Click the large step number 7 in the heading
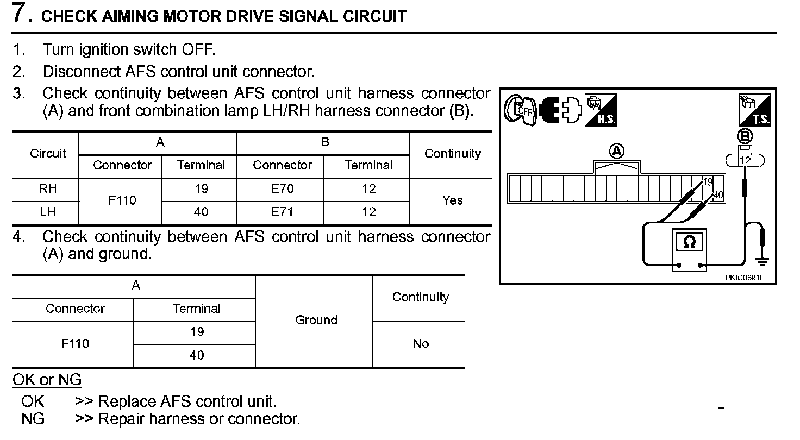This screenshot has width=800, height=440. click(x=21, y=13)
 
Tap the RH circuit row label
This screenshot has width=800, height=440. click(x=48, y=188)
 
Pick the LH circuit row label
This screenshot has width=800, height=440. click(x=48, y=212)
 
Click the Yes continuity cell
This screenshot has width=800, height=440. click(x=452, y=200)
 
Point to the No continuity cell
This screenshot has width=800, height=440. click(x=421, y=343)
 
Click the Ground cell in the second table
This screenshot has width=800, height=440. click(x=316, y=320)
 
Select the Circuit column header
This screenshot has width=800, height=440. click(x=48, y=154)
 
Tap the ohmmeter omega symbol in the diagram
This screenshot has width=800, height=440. click(x=689, y=242)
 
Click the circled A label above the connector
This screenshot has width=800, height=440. click(x=617, y=151)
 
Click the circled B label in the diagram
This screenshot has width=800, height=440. click(x=746, y=136)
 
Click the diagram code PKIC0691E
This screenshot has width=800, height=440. click(x=745, y=278)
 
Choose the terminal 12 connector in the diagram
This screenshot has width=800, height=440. click(x=745, y=160)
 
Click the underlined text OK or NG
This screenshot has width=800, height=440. click(x=47, y=380)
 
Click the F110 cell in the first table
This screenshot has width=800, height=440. click(x=122, y=200)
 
